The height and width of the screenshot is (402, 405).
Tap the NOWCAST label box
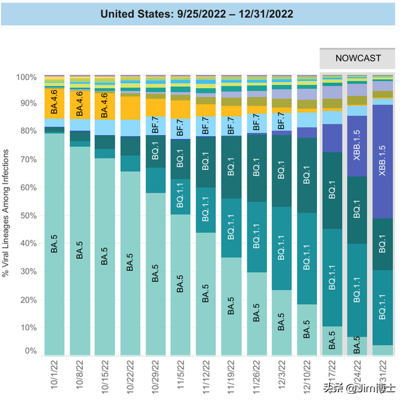pos(359,58)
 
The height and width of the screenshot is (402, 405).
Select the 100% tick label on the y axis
pos(27,77)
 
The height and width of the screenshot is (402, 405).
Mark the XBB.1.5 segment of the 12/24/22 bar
pos(357,146)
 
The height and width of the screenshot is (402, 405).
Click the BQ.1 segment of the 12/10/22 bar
pos(307,175)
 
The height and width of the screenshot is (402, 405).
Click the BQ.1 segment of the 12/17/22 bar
pos(332,190)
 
